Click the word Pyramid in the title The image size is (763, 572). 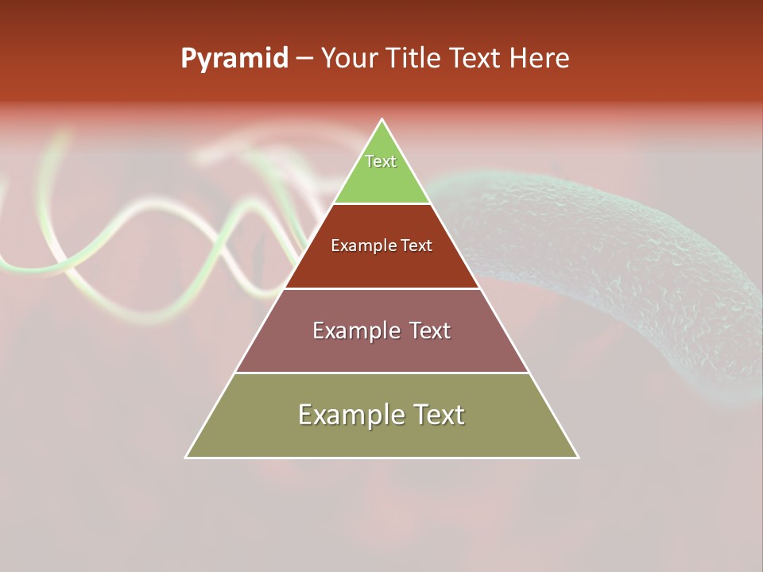234,59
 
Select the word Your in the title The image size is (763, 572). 347,59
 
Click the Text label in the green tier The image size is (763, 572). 381,161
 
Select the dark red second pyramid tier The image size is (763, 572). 381,266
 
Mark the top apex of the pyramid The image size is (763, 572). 382,120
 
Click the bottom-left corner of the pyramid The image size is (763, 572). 186,457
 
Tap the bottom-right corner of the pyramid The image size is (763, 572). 578,457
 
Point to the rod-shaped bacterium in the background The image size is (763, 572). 620,262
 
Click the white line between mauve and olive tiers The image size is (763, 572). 381,373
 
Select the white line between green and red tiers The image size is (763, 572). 381,203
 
